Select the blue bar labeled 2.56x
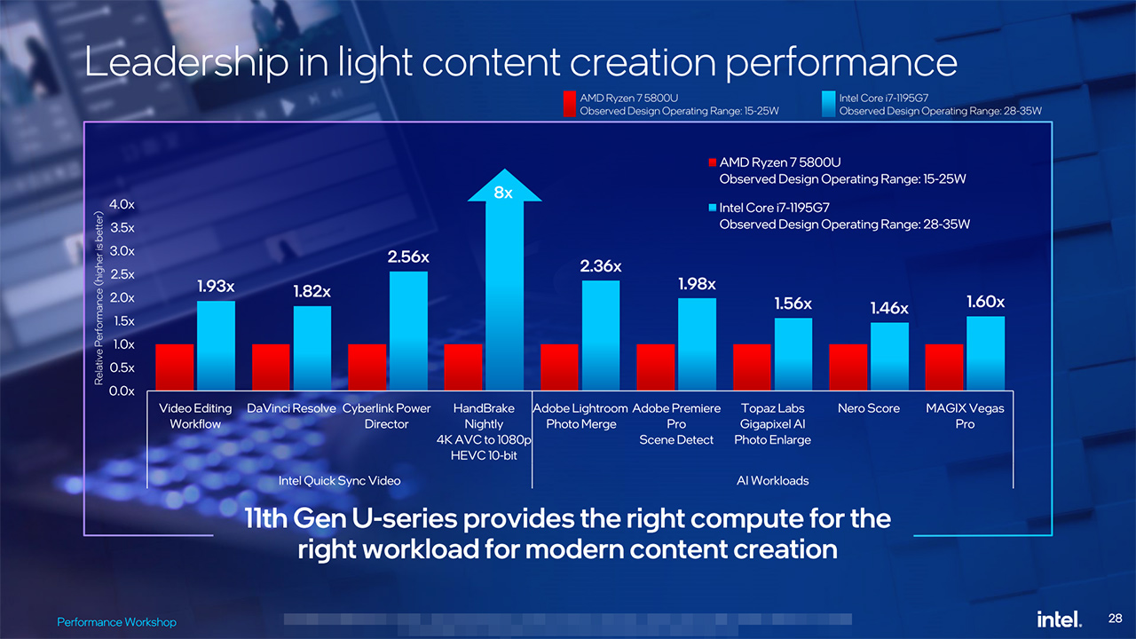pyautogui.click(x=408, y=330)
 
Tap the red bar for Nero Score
pyautogui.click(x=848, y=367)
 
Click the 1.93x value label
pyautogui.click(x=216, y=286)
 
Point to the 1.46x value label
pyautogui.click(x=889, y=308)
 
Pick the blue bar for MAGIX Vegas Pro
pyautogui.click(x=985, y=352)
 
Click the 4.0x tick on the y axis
pyautogui.click(x=122, y=204)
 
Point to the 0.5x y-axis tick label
pyautogui.click(x=122, y=367)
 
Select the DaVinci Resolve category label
pyautogui.click(x=291, y=408)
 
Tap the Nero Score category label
pyautogui.click(x=868, y=408)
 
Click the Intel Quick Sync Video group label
pyautogui.click(x=339, y=480)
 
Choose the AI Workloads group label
pyautogui.click(x=772, y=480)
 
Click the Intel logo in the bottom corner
pyautogui.click(x=1059, y=619)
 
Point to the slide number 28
pyautogui.click(x=1116, y=617)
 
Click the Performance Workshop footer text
pyautogui.click(x=116, y=622)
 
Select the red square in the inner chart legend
pyautogui.click(x=712, y=162)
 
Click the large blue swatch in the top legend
pyautogui.click(x=830, y=104)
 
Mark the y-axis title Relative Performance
pyautogui.click(x=99, y=297)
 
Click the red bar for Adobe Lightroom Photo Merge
pyautogui.click(x=559, y=367)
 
